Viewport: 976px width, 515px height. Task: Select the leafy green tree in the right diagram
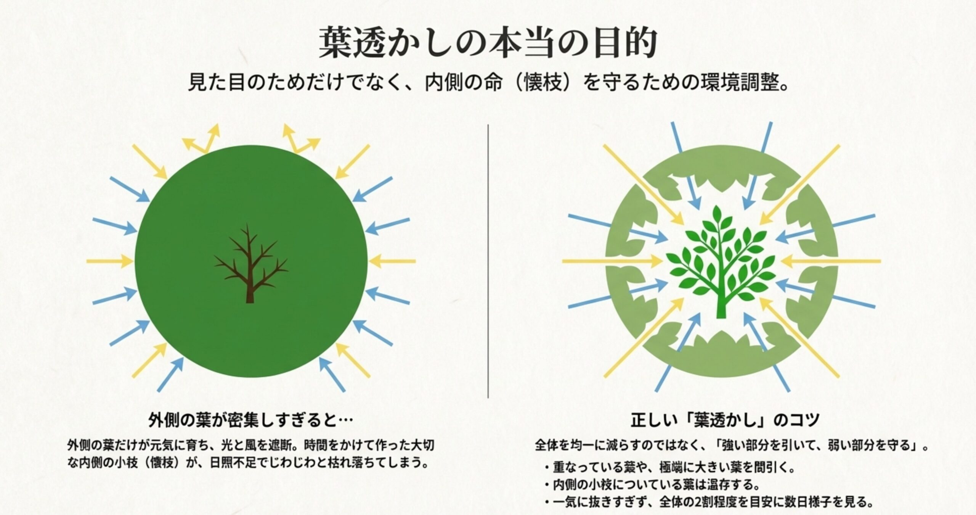[721, 259]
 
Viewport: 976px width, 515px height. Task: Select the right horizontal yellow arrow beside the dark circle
[393, 261]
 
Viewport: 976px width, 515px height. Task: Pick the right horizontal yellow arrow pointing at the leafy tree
[831, 261]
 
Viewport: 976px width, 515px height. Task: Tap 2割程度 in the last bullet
[713, 502]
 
